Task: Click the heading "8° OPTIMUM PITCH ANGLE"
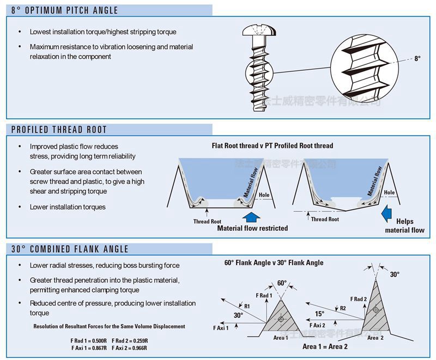click(64, 10)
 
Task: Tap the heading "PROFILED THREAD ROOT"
click(59, 130)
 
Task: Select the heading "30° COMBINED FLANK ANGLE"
click(70, 249)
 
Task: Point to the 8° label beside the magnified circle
click(417, 58)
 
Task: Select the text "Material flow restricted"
click(252, 228)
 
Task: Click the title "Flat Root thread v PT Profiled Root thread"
click(272, 146)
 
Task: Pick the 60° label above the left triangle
click(282, 283)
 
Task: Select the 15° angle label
click(319, 314)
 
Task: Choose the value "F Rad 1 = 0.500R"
click(89, 341)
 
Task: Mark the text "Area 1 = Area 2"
click(325, 346)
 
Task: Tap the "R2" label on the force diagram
click(343, 308)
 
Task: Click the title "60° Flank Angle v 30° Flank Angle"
click(274, 263)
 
